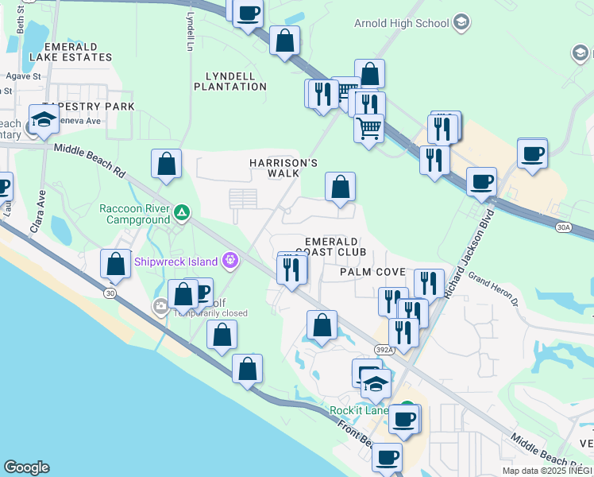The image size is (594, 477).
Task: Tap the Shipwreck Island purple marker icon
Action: [230, 259]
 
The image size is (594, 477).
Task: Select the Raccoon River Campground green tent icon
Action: [183, 211]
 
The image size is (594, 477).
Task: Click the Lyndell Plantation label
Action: [236, 81]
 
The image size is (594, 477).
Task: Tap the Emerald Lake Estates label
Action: [70, 52]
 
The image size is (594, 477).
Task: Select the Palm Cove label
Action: [372, 272]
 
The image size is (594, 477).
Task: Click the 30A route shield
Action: [563, 227]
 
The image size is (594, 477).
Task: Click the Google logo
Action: [26, 467]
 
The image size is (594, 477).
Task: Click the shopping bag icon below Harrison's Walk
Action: [340, 188]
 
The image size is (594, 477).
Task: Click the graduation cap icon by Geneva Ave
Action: [44, 120]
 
